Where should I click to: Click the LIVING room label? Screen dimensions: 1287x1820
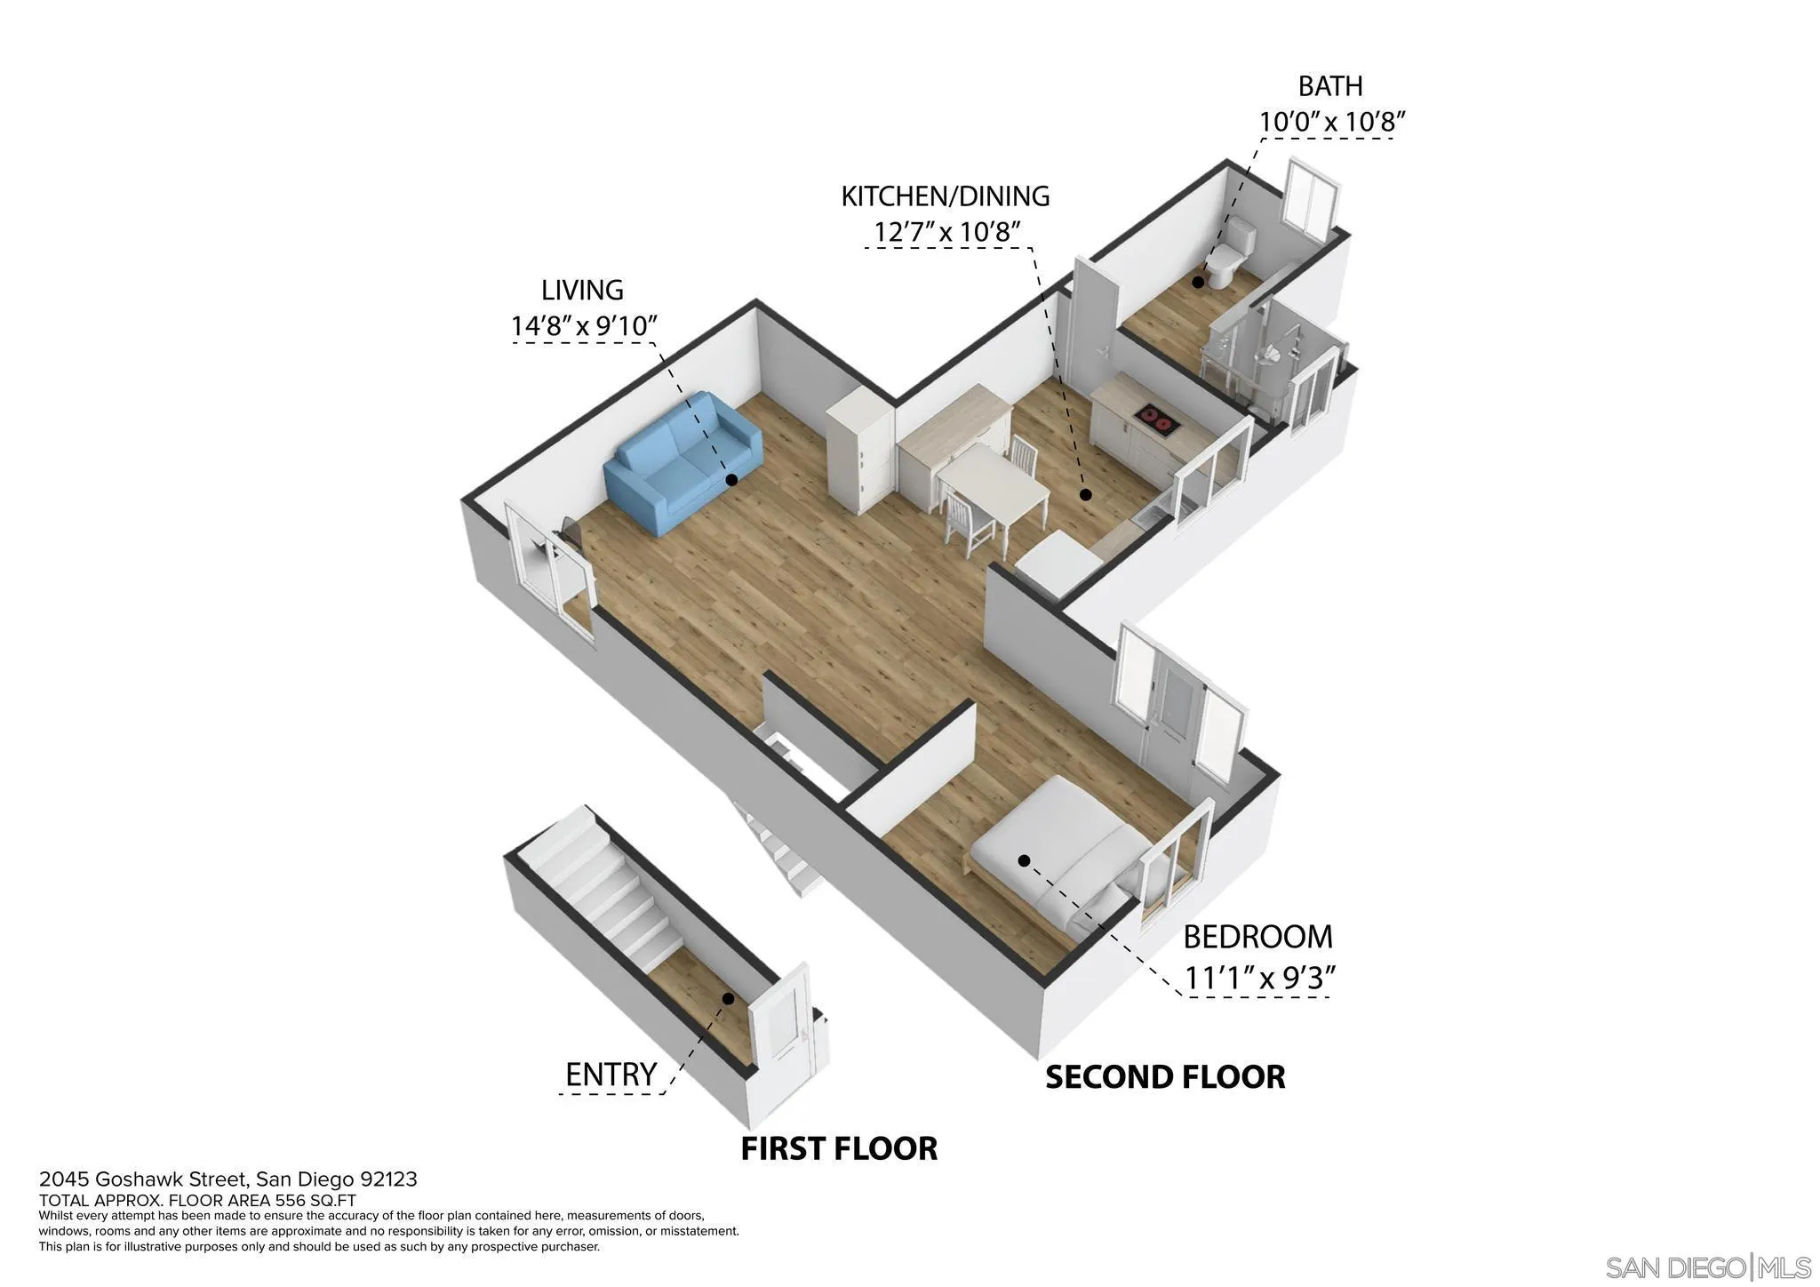[x=582, y=290]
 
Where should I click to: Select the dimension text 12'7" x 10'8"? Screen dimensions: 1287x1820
[x=946, y=232]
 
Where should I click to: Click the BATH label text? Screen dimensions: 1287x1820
[x=1329, y=86]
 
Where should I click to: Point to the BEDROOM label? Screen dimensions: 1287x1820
[x=1257, y=937]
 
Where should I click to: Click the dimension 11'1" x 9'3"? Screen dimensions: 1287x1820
[x=1259, y=979]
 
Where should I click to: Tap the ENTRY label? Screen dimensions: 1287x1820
[x=611, y=1075]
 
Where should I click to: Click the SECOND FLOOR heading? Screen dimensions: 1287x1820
[x=1164, y=1077]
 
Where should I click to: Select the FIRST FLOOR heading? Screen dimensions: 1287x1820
[x=839, y=1148]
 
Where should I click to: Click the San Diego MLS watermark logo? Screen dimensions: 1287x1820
[x=1707, y=1267]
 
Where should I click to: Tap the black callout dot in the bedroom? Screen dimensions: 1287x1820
[x=1024, y=860]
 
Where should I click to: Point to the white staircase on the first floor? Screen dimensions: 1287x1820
[x=604, y=889]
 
